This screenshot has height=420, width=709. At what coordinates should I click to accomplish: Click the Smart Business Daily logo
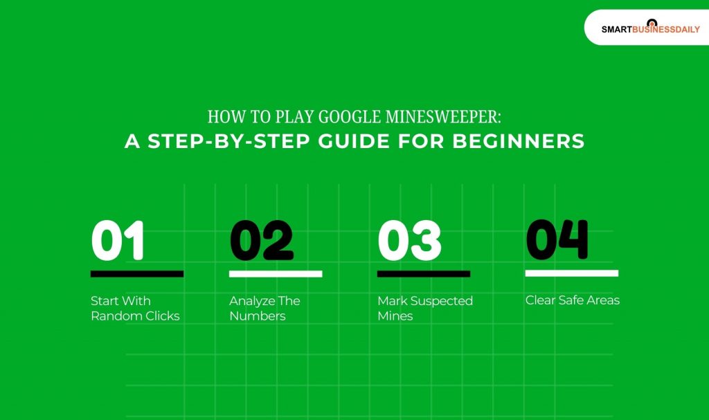(650, 28)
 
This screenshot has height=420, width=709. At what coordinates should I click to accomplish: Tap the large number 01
(118, 241)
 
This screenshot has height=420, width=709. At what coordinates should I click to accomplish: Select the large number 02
(262, 241)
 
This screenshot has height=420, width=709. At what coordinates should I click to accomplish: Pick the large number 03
(409, 241)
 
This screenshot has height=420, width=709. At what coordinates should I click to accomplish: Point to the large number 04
(557, 239)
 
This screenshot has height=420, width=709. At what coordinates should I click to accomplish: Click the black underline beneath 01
(137, 274)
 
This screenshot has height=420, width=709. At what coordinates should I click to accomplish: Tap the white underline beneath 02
(276, 274)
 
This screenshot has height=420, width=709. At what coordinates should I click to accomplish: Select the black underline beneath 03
(424, 274)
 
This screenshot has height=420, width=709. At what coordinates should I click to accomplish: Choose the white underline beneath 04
(571, 273)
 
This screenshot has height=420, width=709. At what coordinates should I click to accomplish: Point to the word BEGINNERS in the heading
(519, 141)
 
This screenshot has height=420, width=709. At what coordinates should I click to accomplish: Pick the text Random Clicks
(135, 316)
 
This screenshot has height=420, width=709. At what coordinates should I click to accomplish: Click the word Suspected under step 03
(440, 301)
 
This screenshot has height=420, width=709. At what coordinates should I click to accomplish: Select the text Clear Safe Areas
(572, 300)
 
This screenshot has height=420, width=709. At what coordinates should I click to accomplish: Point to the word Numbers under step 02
(257, 316)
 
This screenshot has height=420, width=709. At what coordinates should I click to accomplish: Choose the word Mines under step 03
(395, 316)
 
